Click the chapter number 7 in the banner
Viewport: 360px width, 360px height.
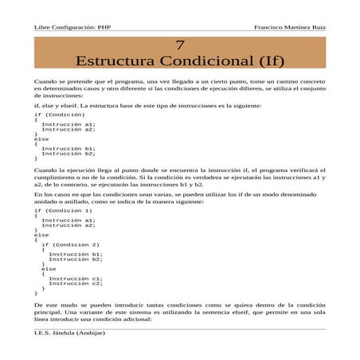point(180,45)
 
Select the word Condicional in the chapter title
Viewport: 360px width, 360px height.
point(209,61)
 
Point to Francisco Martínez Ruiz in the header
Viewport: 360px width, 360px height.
point(290,26)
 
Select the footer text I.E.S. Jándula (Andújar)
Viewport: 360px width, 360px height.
point(70,333)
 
